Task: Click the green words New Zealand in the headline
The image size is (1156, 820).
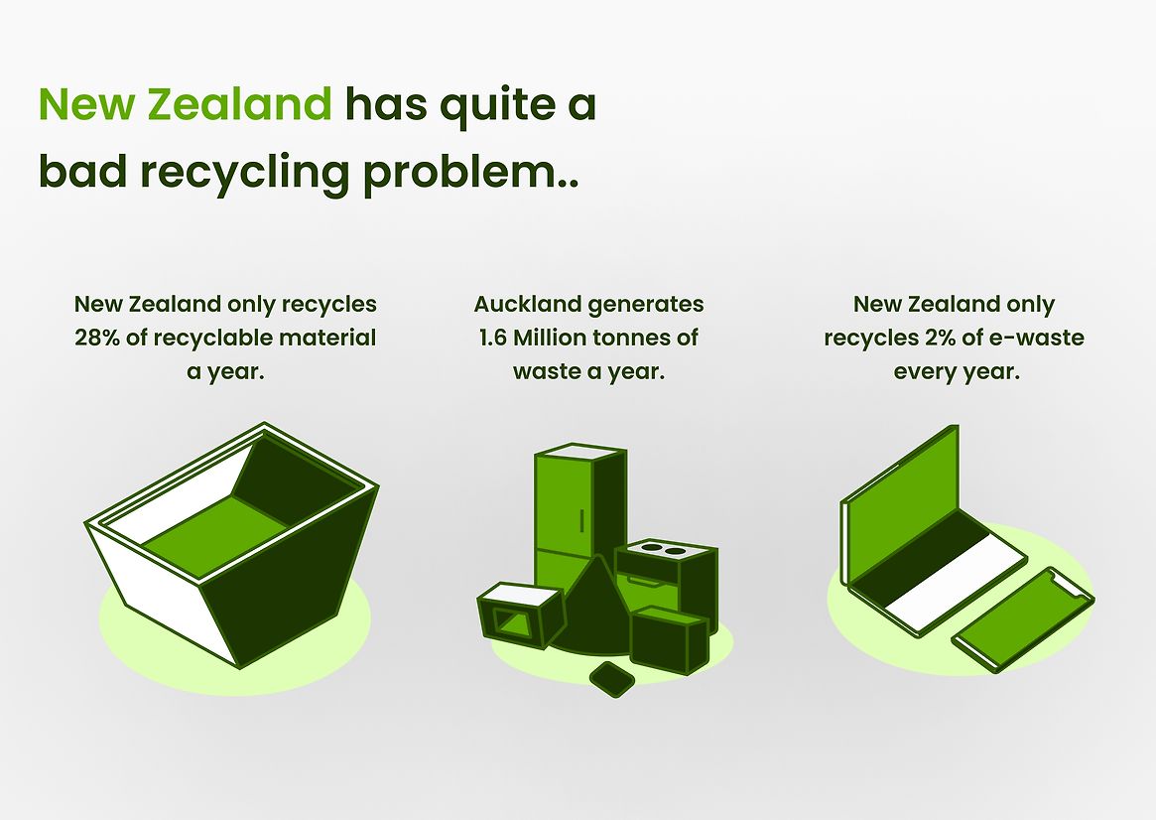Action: click(185, 104)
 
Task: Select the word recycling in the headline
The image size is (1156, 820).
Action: click(245, 174)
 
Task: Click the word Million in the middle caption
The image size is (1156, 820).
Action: click(544, 338)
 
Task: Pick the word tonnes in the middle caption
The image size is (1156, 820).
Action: click(620, 338)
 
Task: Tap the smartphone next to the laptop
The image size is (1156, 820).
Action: click(1022, 619)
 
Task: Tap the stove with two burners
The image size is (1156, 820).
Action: click(666, 579)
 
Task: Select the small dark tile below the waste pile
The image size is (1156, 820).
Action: click(612, 679)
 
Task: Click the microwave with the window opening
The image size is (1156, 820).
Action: click(520, 615)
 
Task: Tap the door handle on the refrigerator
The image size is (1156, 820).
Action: click(581, 520)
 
